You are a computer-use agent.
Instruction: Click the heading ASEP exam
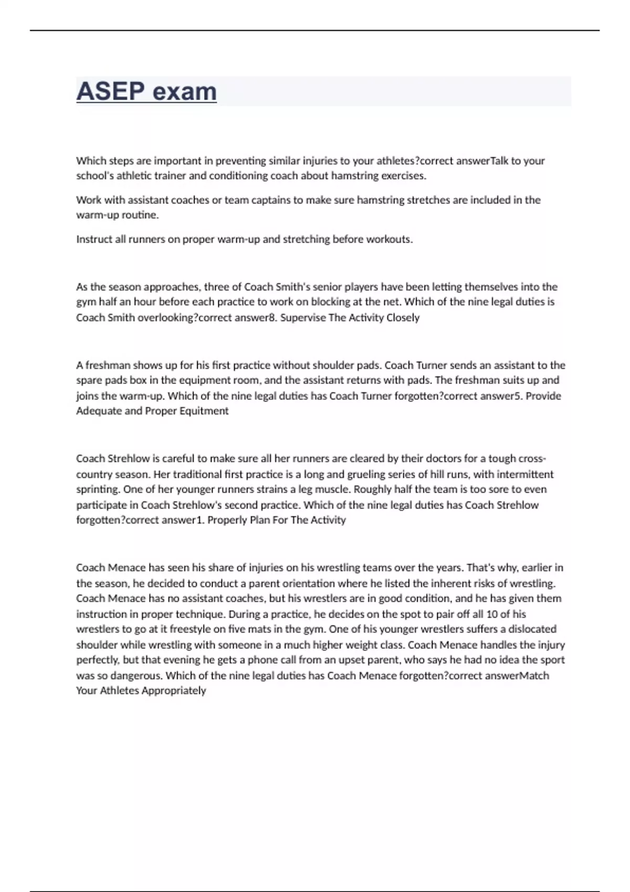[146, 91]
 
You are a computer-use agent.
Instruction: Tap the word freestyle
[188, 629]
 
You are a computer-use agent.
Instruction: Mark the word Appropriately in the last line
[174, 691]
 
